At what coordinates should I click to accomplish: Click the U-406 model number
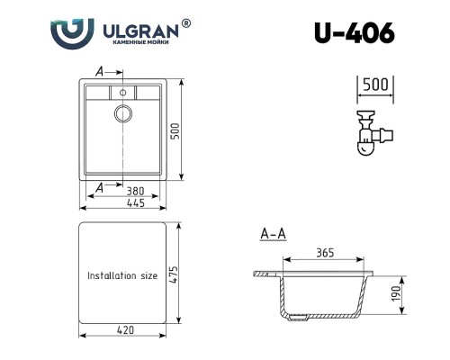[x=355, y=33]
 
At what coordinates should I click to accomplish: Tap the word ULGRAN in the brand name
[x=140, y=31]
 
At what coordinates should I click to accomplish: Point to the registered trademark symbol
[x=186, y=23]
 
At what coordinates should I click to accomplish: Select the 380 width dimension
[x=135, y=191]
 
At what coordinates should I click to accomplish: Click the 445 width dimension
[x=136, y=203]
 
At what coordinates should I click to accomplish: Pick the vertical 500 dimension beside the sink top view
[x=175, y=131]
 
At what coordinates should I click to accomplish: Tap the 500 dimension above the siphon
[x=375, y=85]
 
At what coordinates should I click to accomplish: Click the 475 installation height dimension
[x=174, y=274]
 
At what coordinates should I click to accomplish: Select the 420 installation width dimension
[x=125, y=330]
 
